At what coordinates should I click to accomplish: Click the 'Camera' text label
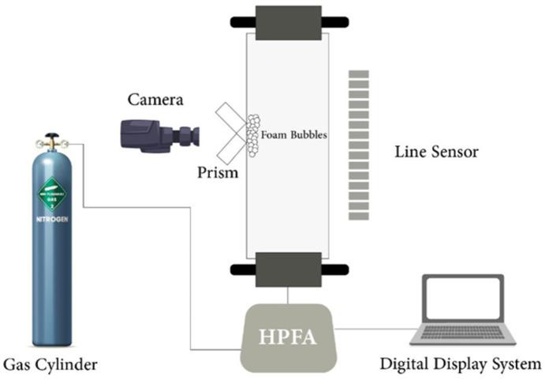pyautogui.click(x=156, y=100)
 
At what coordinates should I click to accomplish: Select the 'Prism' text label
pyautogui.click(x=217, y=171)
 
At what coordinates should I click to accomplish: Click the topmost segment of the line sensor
pyautogui.click(x=359, y=73)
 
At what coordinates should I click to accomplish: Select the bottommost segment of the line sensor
pyautogui.click(x=359, y=213)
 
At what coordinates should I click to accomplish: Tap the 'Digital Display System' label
pyautogui.click(x=461, y=364)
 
